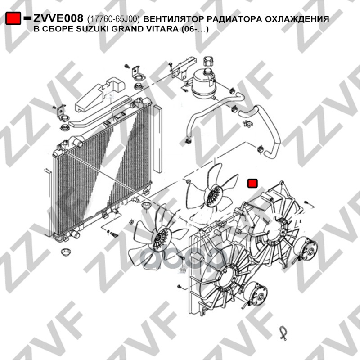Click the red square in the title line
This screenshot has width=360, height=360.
[x=13, y=18]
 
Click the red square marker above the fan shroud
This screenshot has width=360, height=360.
[x=252, y=183]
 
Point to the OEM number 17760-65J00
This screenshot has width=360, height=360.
[x=114, y=19]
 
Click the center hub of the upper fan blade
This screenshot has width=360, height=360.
[x=213, y=196]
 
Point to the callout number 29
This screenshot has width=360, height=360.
[x=182, y=270]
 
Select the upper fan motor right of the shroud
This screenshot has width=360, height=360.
[x=308, y=246]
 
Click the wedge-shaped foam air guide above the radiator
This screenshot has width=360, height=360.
[x=99, y=94]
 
